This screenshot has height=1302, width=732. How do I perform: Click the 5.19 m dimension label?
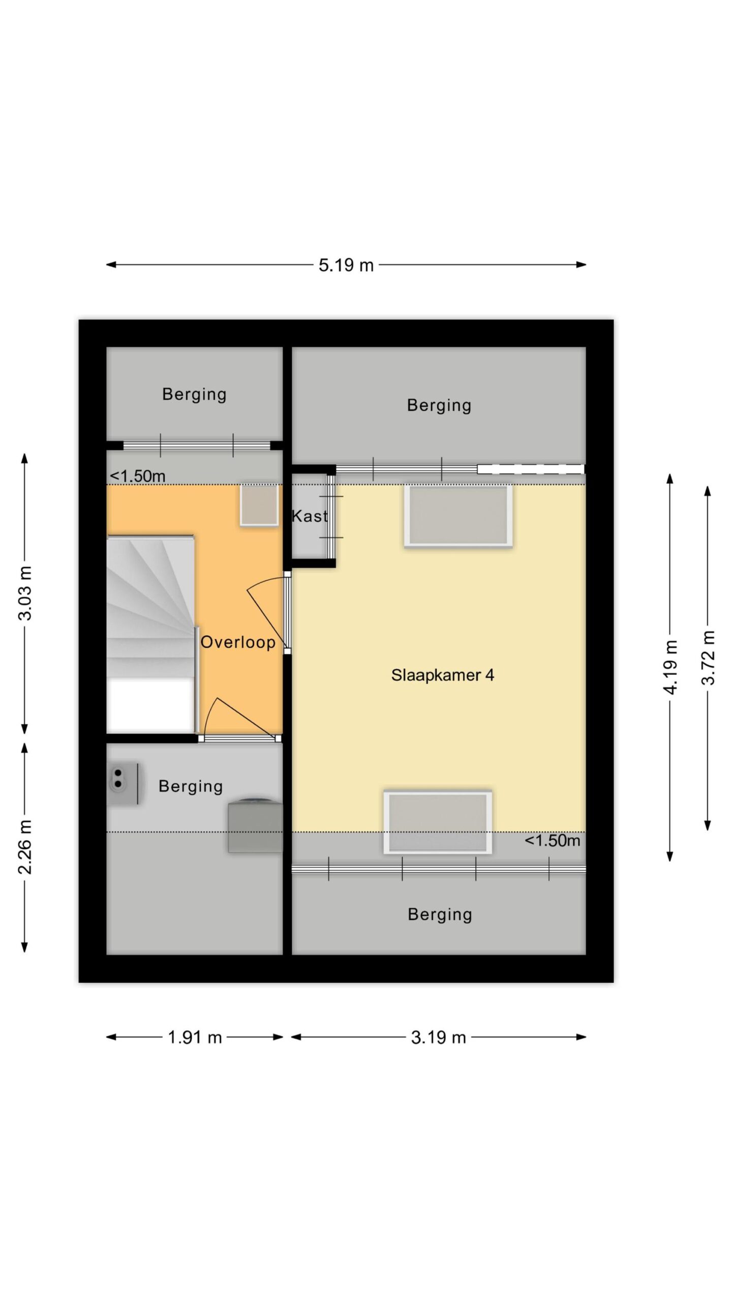(346, 265)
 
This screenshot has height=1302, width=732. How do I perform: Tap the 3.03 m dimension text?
(25, 593)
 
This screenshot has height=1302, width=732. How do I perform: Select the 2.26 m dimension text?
(25, 847)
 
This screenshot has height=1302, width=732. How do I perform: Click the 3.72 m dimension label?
(708, 658)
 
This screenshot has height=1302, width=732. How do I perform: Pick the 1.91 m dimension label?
(195, 1038)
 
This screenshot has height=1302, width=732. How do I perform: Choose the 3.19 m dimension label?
(439, 1038)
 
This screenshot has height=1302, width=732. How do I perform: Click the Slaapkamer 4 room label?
(443, 675)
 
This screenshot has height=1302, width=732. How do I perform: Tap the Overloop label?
(238, 642)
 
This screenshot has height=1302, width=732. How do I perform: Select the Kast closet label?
(310, 516)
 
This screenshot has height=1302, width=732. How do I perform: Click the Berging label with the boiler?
(191, 787)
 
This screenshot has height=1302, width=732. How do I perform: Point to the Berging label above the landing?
(195, 395)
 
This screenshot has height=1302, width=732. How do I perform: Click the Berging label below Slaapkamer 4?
(440, 915)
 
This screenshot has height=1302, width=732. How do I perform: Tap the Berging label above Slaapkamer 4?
(440, 406)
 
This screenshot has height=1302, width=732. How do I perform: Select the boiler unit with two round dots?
(125, 784)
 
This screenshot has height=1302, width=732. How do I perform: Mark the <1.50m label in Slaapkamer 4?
(553, 841)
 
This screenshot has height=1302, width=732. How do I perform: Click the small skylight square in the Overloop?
(259, 505)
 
